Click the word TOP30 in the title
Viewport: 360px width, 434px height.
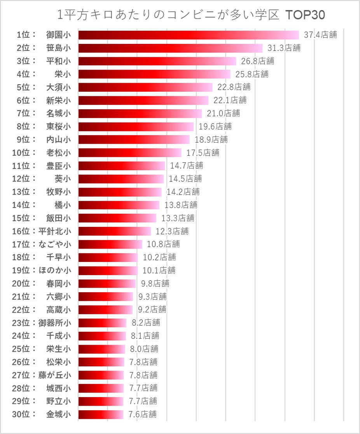click(x=305, y=15)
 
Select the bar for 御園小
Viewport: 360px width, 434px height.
click(x=189, y=35)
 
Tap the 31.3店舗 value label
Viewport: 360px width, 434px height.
click(x=284, y=48)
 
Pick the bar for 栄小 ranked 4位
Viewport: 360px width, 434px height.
click(x=154, y=74)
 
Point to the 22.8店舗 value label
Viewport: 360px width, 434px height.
click(x=234, y=87)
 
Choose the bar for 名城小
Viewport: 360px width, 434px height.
click(x=140, y=113)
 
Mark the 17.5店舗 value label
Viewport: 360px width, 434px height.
click(x=203, y=153)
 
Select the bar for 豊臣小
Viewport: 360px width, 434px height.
click(x=122, y=166)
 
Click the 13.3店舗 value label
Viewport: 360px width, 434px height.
click(x=178, y=218)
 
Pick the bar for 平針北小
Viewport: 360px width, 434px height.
click(x=115, y=231)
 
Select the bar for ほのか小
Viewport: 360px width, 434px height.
click(x=108, y=270)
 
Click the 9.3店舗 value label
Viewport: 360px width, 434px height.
click(x=152, y=296)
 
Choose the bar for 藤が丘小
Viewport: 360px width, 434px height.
click(x=101, y=375)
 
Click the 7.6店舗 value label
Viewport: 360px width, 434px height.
click(x=143, y=414)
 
